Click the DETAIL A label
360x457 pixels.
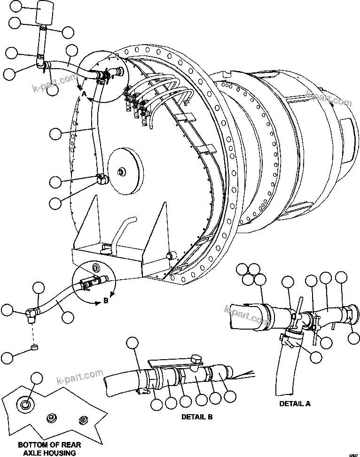(x=295, y=403)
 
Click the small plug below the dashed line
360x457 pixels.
(x=34, y=348)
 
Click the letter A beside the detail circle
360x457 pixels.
(x=84, y=94)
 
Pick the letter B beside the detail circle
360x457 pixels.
(x=105, y=301)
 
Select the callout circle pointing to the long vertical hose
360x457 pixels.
(x=55, y=134)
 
